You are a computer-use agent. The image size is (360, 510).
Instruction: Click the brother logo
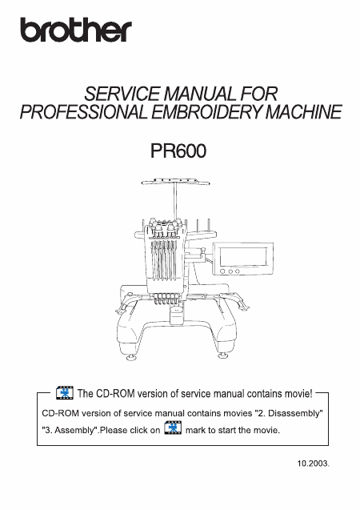pyautogui.click(x=76, y=30)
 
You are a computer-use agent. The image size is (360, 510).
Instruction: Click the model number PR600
pyautogui.click(x=178, y=151)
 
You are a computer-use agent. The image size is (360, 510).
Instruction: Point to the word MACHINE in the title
pyautogui.click(x=303, y=112)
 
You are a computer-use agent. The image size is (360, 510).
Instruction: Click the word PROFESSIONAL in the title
pyautogui.click(x=84, y=112)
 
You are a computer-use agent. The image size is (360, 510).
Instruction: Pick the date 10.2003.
pyautogui.click(x=314, y=464)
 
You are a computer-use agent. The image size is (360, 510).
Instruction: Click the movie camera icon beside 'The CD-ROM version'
pyautogui.click(x=65, y=392)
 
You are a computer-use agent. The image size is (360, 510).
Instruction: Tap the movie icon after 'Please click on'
pyautogui.click(x=173, y=428)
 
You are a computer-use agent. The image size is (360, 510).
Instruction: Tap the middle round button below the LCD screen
pyautogui.click(x=230, y=271)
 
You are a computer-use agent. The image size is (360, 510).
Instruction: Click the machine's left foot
pyautogui.click(x=131, y=357)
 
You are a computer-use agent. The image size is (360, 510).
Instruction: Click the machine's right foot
pyautogui.click(x=222, y=355)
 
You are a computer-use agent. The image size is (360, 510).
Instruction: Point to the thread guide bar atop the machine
pyautogui.click(x=175, y=181)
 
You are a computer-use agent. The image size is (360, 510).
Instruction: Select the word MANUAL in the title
pyautogui.click(x=200, y=94)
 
